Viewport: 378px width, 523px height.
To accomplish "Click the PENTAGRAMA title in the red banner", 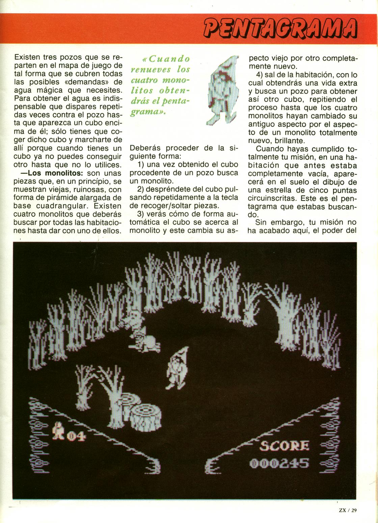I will (x=280, y=29).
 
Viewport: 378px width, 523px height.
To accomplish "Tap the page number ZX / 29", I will (x=348, y=510).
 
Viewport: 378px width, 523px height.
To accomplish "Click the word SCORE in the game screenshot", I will (x=284, y=446).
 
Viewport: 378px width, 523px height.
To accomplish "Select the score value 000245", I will (x=279, y=463).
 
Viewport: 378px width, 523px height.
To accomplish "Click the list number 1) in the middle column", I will (x=142, y=165).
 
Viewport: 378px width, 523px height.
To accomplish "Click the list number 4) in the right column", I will (x=260, y=75).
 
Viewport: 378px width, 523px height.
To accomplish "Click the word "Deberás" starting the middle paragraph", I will (x=144, y=148).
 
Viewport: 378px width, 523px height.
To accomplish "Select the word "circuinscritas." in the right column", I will (x=273, y=198).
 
